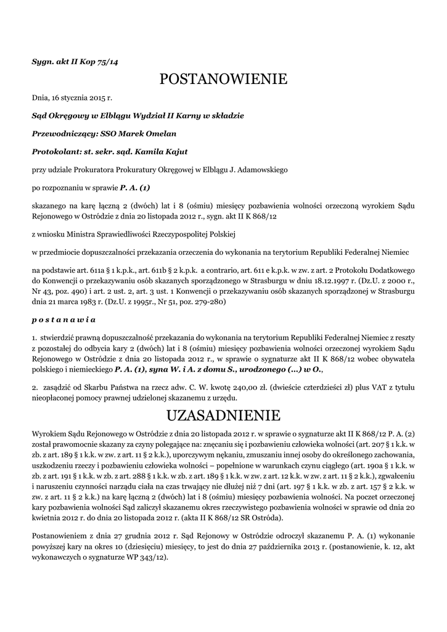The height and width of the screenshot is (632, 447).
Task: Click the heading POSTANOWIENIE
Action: (223, 79)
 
